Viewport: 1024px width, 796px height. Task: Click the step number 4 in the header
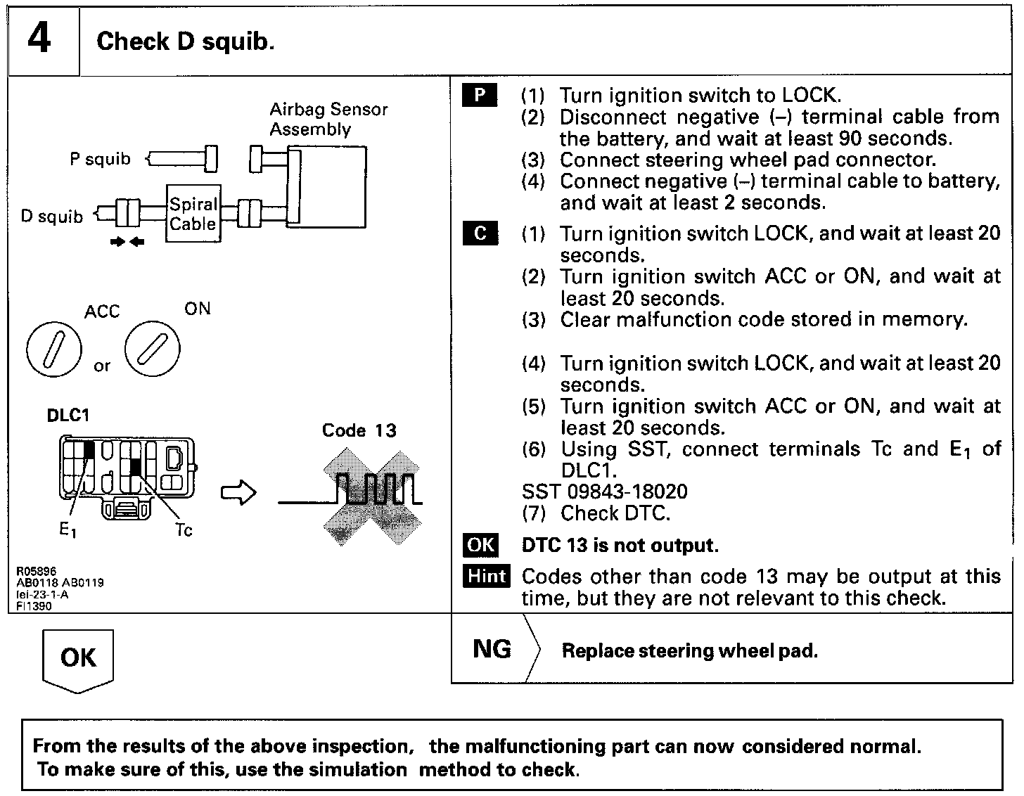(x=40, y=39)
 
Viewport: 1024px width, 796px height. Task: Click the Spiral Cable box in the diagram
(x=193, y=214)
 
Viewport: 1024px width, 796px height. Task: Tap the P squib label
(x=100, y=159)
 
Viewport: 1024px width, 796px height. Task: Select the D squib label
(x=51, y=216)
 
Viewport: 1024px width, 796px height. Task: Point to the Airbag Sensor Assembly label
(x=328, y=119)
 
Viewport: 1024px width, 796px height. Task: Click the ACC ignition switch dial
(x=53, y=349)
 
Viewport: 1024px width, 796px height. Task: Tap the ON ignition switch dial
(x=152, y=347)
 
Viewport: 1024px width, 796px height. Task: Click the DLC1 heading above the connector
(x=68, y=415)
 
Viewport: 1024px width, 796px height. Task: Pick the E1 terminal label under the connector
(x=68, y=531)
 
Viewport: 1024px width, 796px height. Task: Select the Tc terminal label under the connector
(x=184, y=530)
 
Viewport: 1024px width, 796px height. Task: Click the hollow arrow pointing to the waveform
(x=239, y=492)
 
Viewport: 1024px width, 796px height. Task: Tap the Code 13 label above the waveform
(x=359, y=430)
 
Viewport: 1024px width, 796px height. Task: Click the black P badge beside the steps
(x=480, y=95)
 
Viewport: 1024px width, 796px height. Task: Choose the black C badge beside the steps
(x=480, y=233)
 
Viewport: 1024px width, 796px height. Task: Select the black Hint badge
(x=487, y=576)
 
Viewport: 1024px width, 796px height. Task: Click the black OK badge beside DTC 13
(x=481, y=545)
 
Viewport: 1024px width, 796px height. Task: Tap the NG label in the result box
(x=492, y=648)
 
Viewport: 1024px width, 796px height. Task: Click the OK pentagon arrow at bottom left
(x=78, y=659)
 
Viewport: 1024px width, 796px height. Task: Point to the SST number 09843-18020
(x=605, y=492)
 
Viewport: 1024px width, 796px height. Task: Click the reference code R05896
(x=36, y=571)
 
